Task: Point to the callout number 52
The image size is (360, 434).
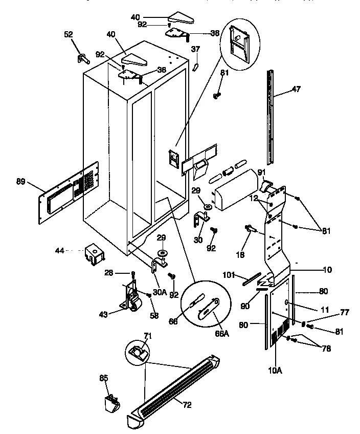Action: [69, 34]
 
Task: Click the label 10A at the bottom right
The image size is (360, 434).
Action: [275, 370]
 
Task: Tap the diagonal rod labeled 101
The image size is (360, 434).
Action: [249, 279]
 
